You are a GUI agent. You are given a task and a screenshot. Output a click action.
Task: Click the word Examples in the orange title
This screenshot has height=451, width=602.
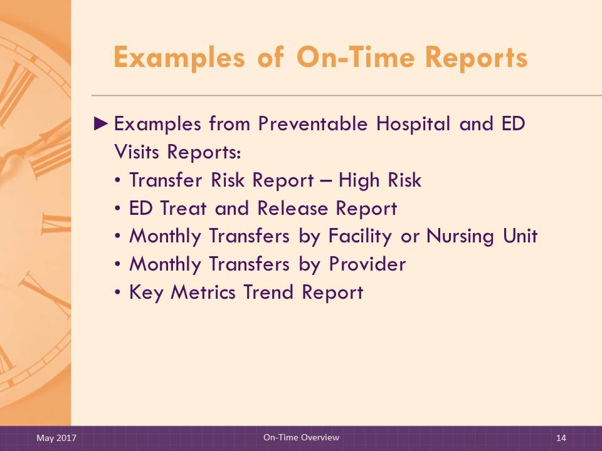179,58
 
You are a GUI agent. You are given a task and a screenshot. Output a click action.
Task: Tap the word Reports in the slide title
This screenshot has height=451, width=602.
477,58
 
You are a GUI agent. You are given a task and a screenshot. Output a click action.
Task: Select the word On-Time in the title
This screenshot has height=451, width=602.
356,57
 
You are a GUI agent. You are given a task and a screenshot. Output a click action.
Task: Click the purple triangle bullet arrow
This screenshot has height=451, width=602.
101,124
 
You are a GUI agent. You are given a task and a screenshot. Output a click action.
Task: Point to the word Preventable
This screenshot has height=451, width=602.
313,124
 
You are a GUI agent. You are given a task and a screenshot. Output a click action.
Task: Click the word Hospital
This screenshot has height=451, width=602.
413,124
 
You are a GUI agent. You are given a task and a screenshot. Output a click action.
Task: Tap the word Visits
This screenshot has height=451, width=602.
137,152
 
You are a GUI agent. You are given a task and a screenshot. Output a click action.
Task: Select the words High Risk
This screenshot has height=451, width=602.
380,180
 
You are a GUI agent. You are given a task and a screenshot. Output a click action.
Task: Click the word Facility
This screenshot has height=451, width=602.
360,236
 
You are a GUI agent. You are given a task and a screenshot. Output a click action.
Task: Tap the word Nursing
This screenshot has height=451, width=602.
460,236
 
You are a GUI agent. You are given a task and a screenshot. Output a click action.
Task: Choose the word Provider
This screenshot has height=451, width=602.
367,264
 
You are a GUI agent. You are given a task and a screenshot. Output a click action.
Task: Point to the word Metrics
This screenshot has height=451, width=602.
203,293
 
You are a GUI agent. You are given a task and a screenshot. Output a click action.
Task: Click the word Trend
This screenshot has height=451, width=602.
268,293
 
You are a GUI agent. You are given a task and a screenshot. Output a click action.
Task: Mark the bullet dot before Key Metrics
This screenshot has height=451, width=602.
118,293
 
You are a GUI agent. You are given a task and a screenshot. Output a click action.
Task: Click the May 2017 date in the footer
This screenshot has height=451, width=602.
56,438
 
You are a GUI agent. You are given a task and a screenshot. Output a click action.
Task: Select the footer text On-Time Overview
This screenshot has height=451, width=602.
302,437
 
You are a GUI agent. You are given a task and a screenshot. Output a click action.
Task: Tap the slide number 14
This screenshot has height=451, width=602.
561,438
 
